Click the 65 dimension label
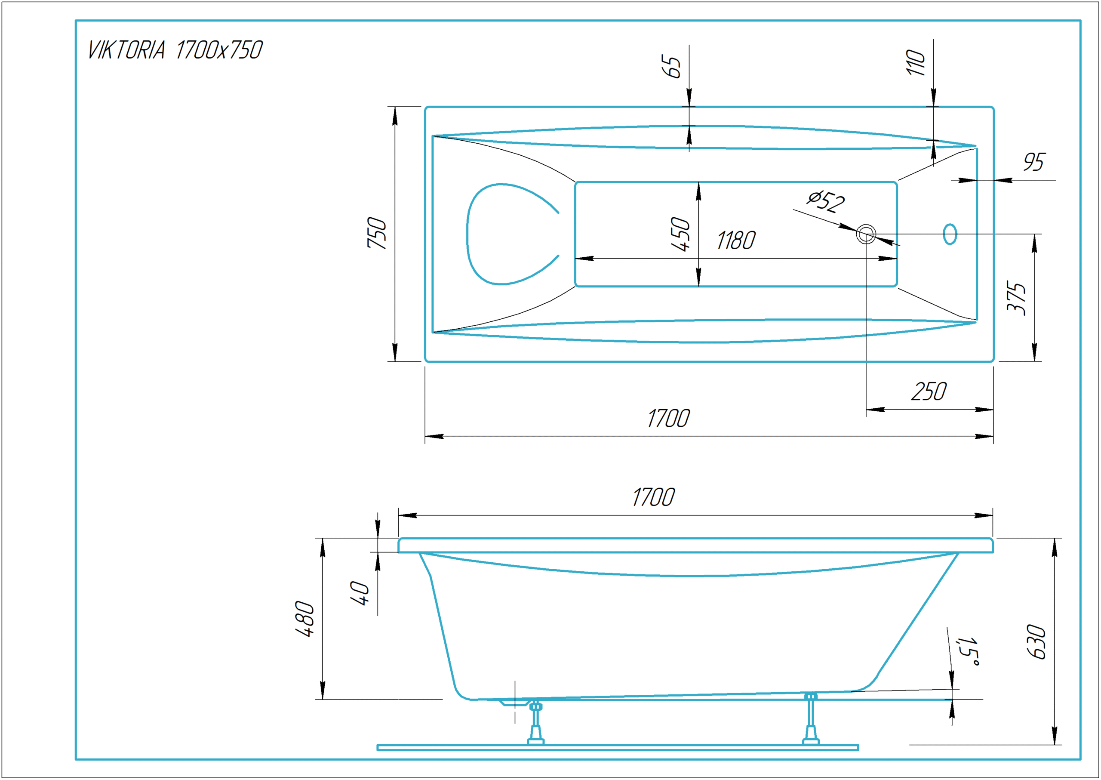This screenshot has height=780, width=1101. (x=671, y=66)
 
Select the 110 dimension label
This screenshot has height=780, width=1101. (x=915, y=62)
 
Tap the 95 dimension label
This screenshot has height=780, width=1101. (x=1033, y=162)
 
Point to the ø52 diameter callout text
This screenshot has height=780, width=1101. (x=826, y=201)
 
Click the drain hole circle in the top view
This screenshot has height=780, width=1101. (x=866, y=234)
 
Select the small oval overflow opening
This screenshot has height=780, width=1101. (x=950, y=234)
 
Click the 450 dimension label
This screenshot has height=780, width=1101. (x=680, y=234)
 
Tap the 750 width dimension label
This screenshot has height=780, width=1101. (x=376, y=233)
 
